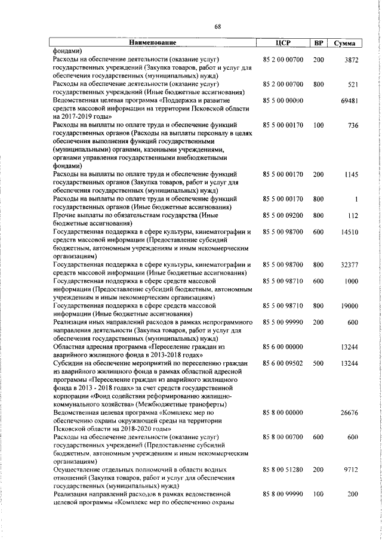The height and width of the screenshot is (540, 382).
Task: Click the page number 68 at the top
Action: pos(218,25)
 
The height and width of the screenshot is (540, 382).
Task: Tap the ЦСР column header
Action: pos(283,43)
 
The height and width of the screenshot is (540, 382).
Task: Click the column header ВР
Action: pos(318,43)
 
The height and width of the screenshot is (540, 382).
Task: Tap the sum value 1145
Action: pos(349,174)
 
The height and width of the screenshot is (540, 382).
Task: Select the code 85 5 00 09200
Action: pos(283,215)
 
